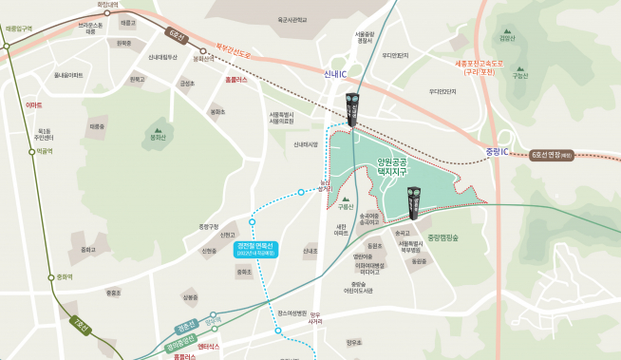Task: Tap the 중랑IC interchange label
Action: pyautogui.click(x=496, y=152)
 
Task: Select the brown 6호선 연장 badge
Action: pyautogui.click(x=552, y=154)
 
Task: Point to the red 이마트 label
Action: pyautogui.click(x=34, y=104)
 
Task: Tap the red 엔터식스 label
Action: pyautogui.click(x=208, y=349)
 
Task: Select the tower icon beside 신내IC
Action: pyautogui.click(x=352, y=109)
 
